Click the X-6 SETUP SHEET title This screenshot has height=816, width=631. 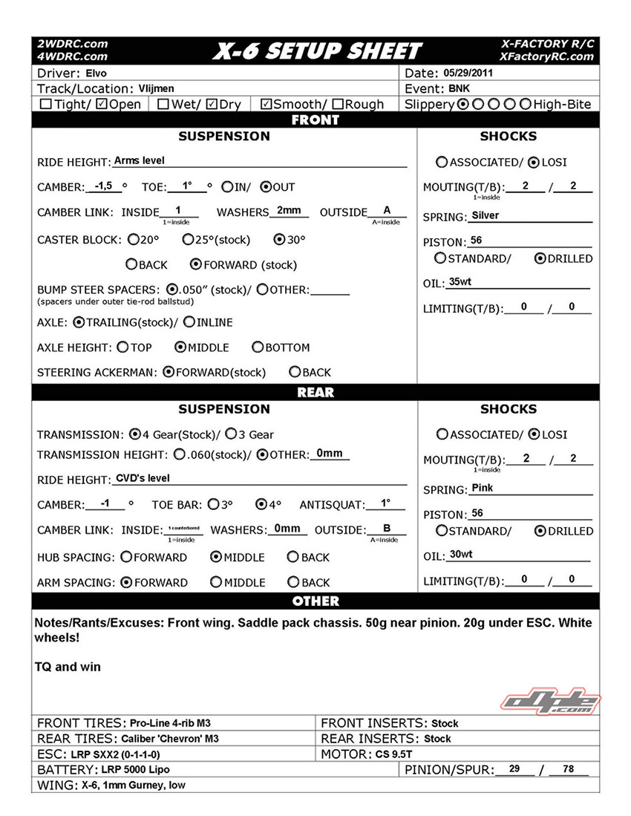[317, 50]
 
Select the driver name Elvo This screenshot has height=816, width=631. [97, 74]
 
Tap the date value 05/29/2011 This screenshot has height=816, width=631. [468, 74]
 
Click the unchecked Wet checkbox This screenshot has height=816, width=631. [163, 105]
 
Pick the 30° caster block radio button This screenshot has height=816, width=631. [280, 240]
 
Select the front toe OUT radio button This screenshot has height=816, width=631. [266, 187]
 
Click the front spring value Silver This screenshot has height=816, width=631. [485, 215]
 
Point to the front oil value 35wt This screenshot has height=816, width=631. [460, 282]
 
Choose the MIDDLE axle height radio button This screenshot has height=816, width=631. [180, 347]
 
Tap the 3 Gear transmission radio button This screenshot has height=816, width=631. [231, 434]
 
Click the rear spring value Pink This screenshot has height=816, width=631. [482, 488]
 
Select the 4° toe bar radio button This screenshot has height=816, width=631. [261, 504]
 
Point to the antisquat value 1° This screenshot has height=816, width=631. [385, 503]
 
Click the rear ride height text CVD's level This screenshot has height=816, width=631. [143, 478]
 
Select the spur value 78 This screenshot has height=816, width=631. [569, 769]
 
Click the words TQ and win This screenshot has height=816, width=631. [68, 667]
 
